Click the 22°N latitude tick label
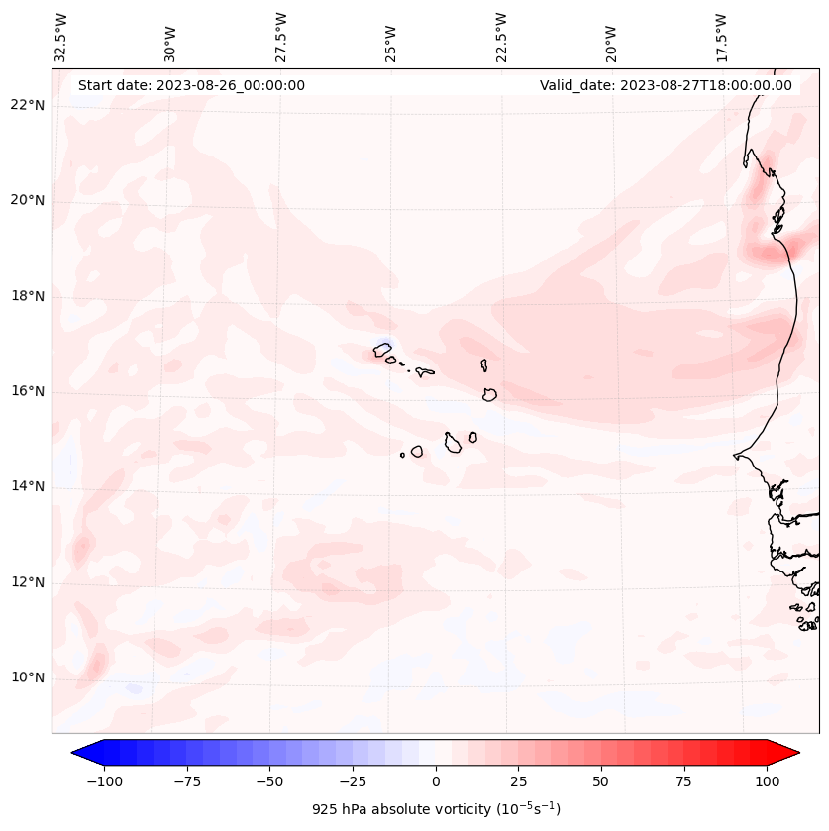click(28, 106)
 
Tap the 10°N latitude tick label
click(28, 677)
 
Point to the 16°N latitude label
click(28, 391)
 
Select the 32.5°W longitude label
click(61, 37)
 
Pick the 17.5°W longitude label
click(721, 37)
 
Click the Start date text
click(191, 85)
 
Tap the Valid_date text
click(666, 85)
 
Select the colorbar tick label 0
click(436, 781)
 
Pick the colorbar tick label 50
click(601, 781)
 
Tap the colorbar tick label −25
click(351, 781)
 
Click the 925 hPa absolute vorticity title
click(436, 809)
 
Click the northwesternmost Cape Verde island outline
click(382, 350)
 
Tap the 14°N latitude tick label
click(28, 486)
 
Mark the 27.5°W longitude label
click(281, 37)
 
